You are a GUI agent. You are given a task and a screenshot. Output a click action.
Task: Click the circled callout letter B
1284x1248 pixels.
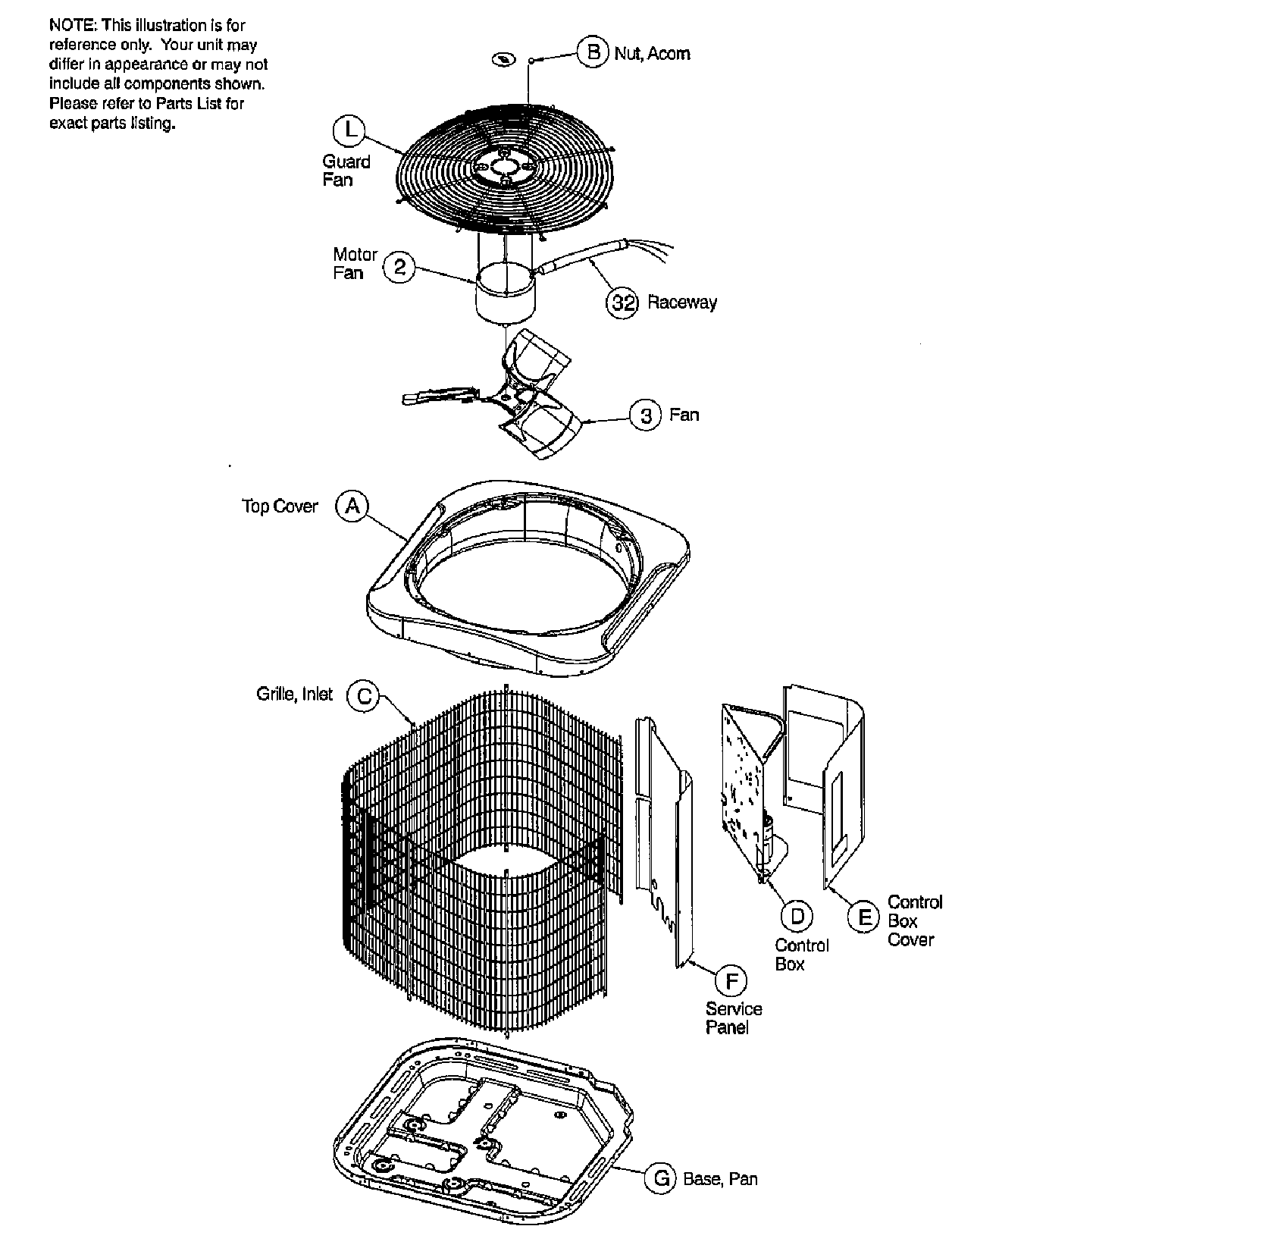click(593, 52)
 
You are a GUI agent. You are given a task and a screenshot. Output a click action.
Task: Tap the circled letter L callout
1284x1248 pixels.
click(349, 130)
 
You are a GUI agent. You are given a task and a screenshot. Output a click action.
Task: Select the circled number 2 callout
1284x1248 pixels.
click(399, 267)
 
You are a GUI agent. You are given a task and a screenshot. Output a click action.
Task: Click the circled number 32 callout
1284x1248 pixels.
click(622, 303)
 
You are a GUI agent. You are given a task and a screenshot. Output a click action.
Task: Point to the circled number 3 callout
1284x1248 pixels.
click(646, 415)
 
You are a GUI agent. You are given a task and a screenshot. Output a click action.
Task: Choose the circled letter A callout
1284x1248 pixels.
click(352, 506)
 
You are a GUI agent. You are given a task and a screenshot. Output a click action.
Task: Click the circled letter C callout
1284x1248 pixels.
click(363, 696)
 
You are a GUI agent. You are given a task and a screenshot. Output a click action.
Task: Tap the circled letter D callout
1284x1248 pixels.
click(797, 917)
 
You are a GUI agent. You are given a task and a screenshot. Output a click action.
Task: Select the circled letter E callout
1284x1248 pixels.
click(863, 918)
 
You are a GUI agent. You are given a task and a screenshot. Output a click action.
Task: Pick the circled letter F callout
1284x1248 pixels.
click(731, 981)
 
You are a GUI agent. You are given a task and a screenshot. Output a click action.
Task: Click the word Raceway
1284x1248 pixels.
click(681, 303)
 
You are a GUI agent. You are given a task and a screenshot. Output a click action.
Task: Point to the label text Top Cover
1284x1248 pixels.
click(280, 506)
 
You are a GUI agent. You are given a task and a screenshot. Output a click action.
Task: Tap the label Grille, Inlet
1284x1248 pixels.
click(294, 695)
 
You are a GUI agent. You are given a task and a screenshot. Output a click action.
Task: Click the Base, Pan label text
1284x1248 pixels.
click(719, 1179)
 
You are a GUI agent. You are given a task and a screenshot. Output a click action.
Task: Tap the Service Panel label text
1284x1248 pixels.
click(733, 1018)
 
